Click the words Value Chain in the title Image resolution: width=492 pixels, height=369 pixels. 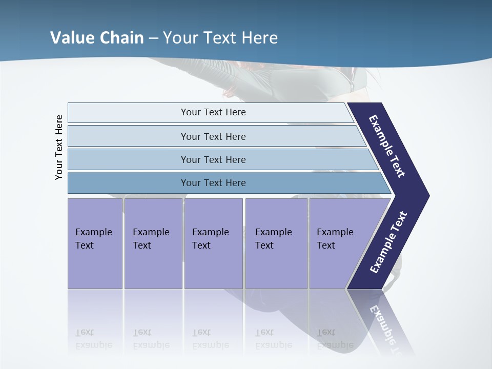[97, 38]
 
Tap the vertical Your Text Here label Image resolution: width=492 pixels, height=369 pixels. [59, 147]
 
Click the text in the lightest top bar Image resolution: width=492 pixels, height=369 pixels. [213, 112]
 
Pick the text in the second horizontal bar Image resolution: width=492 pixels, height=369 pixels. [213, 137]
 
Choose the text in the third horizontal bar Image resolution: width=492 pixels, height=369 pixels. [213, 160]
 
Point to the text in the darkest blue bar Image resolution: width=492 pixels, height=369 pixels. [213, 183]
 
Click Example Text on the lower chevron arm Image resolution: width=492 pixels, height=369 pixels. [388, 242]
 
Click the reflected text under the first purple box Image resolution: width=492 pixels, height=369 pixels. [93, 339]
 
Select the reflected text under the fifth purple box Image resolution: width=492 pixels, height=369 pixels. [335, 339]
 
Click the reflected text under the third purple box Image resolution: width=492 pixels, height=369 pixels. [210, 339]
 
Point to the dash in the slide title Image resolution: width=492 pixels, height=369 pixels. [154, 38]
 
